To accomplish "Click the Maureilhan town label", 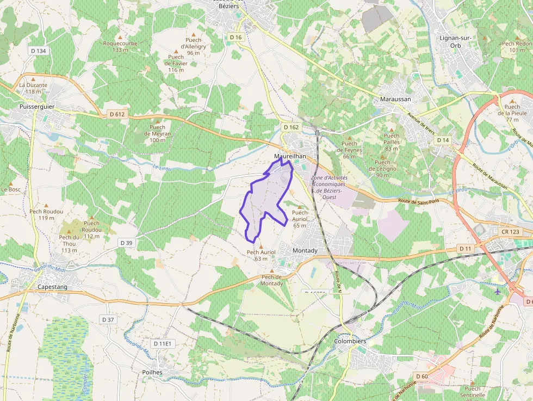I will coord(290,156).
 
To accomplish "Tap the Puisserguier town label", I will coord(36,107).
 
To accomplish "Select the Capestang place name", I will coord(52,286).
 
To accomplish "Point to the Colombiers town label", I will coord(350,341).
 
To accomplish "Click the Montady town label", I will coord(305,250).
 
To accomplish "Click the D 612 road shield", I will coord(117,114).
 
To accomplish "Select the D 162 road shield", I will coord(291,127).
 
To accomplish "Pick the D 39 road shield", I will coord(126,242).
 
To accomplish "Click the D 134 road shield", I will coord(38,51).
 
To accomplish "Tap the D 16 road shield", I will coord(235,37).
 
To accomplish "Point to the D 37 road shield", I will coord(108,319).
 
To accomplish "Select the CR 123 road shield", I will coord(511,232).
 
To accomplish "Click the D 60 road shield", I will coord(422,376).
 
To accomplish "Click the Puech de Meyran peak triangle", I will coord(157,120).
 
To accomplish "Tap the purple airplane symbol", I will coord(498,291).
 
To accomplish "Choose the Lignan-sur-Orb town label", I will coord(457,41).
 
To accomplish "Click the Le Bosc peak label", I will coord(11,189).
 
